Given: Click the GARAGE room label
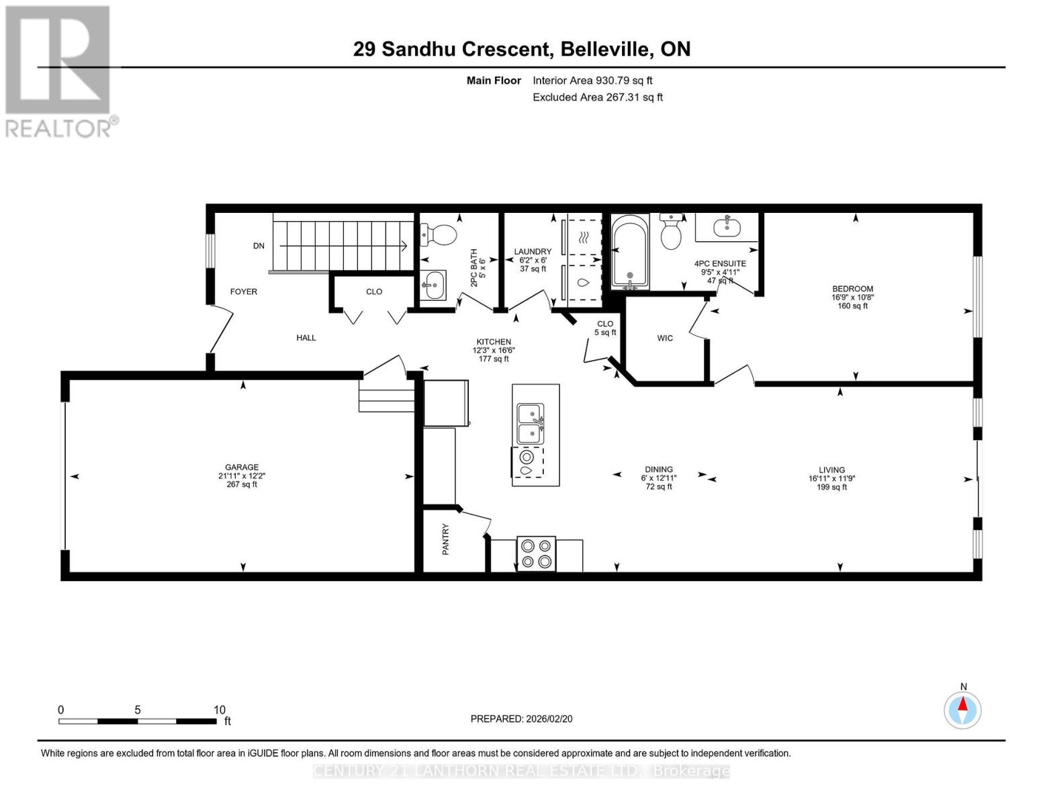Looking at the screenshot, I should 242,467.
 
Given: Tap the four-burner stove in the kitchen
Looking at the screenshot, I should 536,553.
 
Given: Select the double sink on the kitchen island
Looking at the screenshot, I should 530,424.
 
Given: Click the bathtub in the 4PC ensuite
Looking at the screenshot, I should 630,252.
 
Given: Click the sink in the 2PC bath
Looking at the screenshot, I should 433,285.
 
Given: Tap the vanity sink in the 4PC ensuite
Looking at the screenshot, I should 726,226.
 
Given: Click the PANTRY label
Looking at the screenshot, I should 445,539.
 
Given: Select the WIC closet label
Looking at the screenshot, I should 665,338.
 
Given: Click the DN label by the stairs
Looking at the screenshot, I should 259,246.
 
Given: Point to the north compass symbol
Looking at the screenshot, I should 963,709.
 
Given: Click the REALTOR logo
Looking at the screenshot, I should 58,71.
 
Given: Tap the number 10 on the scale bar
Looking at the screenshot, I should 219,710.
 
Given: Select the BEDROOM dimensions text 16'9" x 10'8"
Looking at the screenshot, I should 852,297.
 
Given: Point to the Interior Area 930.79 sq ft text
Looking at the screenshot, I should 592,81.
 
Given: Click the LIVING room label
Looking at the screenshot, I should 831,470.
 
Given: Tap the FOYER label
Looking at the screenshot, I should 243,292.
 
